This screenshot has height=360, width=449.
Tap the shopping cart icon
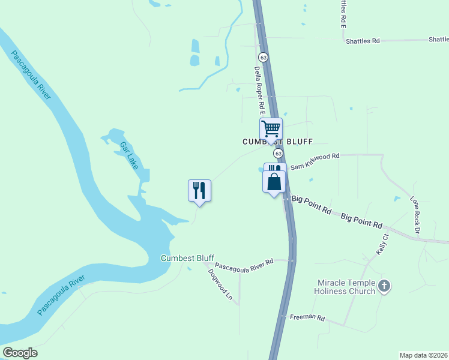pos(271,128)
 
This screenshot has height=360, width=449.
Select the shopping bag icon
pos(274,181)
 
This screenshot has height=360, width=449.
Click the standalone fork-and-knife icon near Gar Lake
pos(199,190)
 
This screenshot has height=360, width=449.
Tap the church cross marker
pos(384,287)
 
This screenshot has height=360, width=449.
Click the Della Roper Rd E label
pos(259,91)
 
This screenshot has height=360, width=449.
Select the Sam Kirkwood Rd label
pos(315,160)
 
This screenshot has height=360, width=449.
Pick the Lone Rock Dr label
pos(415,214)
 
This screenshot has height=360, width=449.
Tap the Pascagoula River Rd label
pos(244,263)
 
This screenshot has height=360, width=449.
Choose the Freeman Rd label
pos(307,317)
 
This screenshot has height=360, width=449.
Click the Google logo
pos(20,353)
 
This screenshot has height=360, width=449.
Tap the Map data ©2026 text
pos(423,355)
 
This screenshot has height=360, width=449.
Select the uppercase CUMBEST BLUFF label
pos(270,142)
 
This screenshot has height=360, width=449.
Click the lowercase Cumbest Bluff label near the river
pos(187,258)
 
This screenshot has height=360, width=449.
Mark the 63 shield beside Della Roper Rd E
pos(263,56)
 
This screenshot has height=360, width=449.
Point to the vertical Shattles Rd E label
pos(343,13)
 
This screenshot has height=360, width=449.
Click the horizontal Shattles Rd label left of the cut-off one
pos(363,41)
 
